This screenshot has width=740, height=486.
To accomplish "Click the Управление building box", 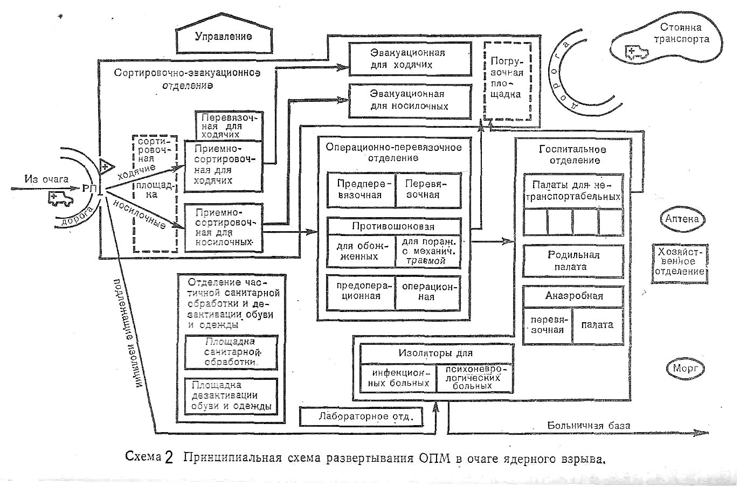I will [x=223, y=37].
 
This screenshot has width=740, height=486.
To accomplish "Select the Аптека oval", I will [x=682, y=219].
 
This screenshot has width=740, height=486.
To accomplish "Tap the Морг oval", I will [x=685, y=369].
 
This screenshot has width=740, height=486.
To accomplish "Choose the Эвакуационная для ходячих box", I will [x=409, y=59].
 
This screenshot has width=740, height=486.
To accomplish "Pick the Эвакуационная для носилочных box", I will [x=409, y=100].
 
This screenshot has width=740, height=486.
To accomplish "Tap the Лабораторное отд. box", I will [x=362, y=416].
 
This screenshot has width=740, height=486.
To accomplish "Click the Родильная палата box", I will [x=573, y=261].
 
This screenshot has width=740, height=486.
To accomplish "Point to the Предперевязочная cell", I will [x=360, y=190].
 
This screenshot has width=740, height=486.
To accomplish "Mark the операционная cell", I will [x=428, y=291].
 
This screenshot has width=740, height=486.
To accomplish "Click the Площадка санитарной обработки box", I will [x=231, y=352].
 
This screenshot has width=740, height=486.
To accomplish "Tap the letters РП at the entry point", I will [x=89, y=189].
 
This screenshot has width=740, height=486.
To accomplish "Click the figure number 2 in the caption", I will [x=170, y=459].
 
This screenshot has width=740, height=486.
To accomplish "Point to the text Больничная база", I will [x=589, y=426].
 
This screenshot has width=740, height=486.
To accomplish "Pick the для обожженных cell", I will [x=360, y=251].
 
